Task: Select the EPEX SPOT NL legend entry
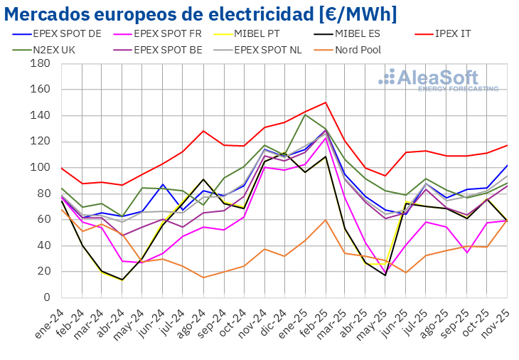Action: (273, 50)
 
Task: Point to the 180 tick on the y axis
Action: (40, 63)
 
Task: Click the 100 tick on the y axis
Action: (40, 167)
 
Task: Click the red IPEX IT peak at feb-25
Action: (325, 102)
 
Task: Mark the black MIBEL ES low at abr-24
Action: (122, 280)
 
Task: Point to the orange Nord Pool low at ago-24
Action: (203, 277)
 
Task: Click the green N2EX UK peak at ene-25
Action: (305, 115)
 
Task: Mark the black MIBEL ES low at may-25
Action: (386, 275)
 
